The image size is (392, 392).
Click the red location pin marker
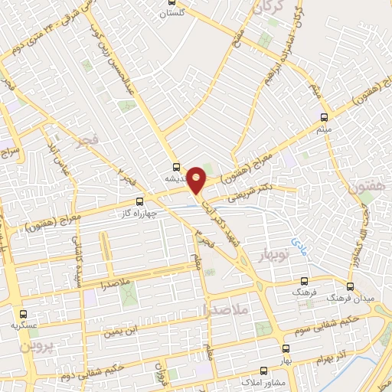197,179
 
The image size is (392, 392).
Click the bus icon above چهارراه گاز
139,201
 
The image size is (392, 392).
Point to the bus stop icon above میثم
323,117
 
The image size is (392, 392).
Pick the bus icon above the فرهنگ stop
305,282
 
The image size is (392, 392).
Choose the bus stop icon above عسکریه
22,313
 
